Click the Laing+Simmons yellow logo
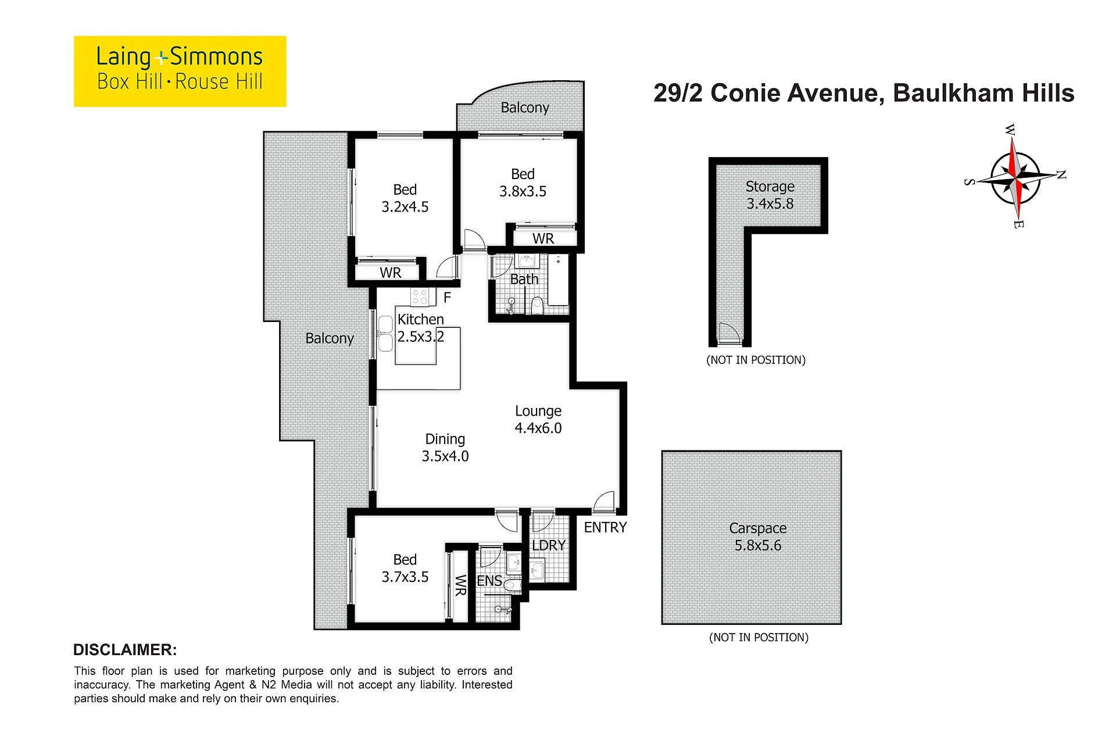coord(180,71)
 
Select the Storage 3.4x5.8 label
coord(770,195)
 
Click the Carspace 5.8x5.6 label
coord(758,537)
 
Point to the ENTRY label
coord(605,527)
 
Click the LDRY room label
coord(549,545)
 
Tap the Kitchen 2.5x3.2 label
coord(421,328)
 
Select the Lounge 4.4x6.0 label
coord(538,420)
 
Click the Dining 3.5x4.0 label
coord(445,448)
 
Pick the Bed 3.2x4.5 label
coord(405,198)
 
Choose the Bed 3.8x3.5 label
coord(523,183)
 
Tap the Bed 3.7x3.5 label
coord(405,568)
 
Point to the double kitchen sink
coord(385,334)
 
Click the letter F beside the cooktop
coord(447,298)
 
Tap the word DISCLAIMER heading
coord(125,650)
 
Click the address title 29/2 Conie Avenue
coord(768,93)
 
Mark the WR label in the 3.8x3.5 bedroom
coord(543,238)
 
